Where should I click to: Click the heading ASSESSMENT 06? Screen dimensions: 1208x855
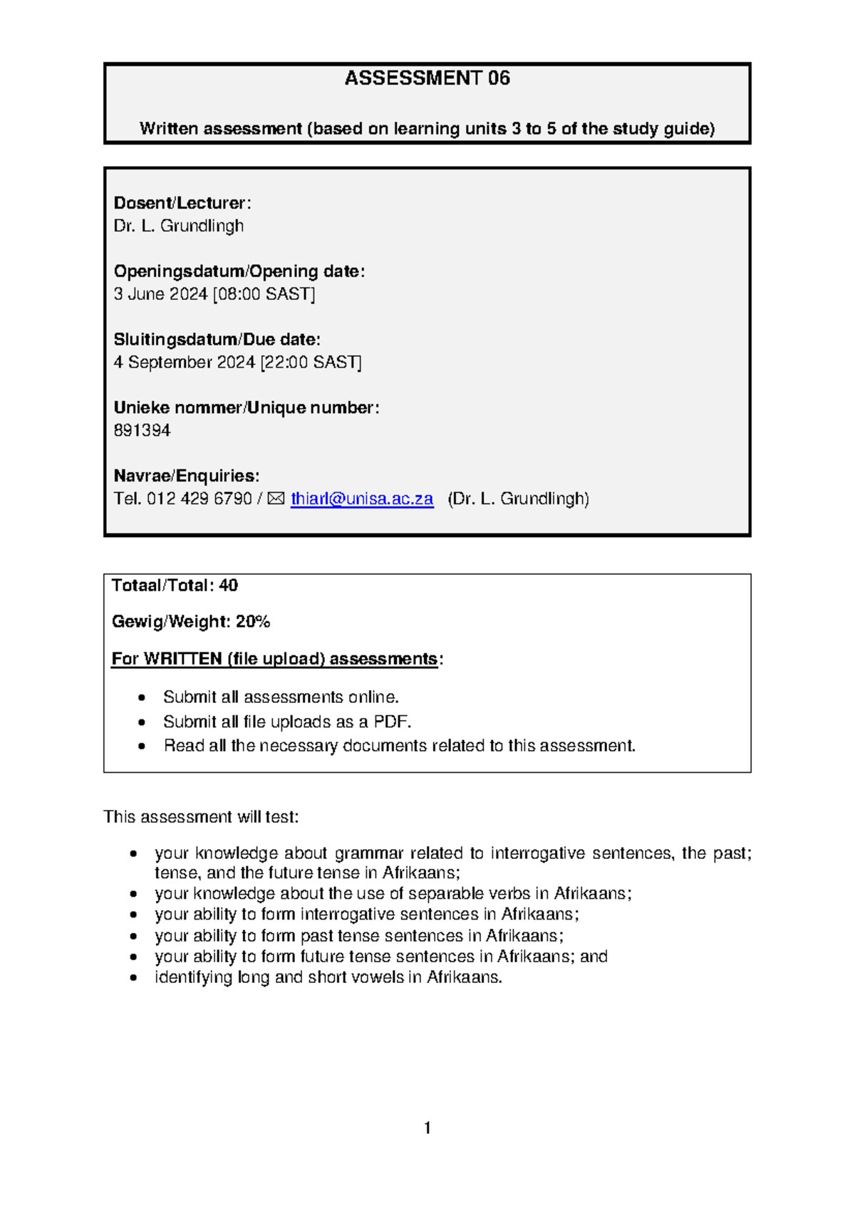tap(427, 78)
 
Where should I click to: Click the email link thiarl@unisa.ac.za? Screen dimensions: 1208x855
tap(361, 499)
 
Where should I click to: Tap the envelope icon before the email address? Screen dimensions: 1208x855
tap(276, 499)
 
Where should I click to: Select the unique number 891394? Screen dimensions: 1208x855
tap(142, 430)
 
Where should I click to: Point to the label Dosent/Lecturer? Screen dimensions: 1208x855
tap(182, 203)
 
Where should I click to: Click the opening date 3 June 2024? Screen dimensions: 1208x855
tap(160, 294)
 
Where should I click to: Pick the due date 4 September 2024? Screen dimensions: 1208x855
tap(184, 363)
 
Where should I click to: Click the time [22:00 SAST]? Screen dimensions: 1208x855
tap(311, 363)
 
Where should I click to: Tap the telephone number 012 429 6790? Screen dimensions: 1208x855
tap(199, 499)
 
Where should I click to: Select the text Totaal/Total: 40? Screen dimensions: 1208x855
tap(175, 585)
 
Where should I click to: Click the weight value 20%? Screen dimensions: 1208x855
tap(253, 622)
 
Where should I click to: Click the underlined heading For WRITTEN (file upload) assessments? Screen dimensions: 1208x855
tap(274, 659)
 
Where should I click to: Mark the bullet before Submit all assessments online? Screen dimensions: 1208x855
tap(142, 697)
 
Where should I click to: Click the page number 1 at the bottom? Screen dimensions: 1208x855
tap(427, 1128)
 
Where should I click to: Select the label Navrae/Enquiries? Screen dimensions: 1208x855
tap(186, 476)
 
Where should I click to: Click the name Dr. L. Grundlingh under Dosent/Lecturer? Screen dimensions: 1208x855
tap(178, 226)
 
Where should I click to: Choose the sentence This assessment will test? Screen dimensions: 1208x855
tap(201, 817)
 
